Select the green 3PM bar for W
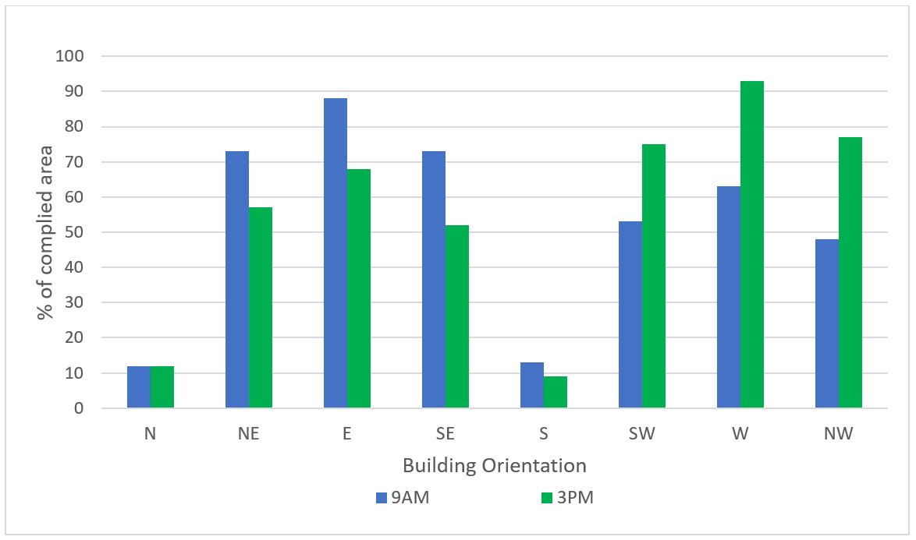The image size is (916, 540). (752, 245)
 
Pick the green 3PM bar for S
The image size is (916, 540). (556, 393)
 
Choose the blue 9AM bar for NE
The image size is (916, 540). (237, 280)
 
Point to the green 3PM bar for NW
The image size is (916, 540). (850, 273)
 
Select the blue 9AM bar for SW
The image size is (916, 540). (630, 315)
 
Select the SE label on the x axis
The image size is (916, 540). (446, 434)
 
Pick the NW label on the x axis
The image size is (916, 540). (839, 434)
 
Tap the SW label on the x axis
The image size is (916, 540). (642, 434)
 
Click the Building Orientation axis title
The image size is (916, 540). (495, 466)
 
